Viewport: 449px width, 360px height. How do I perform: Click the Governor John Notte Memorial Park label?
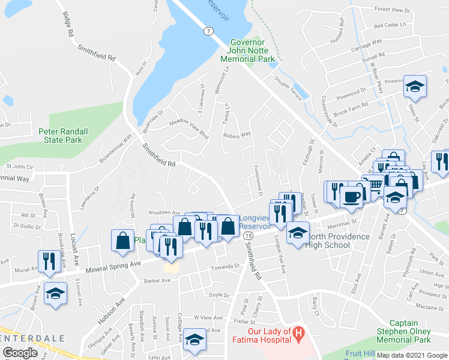(x=247, y=51)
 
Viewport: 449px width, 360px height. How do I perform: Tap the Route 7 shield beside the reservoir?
(x=208, y=31)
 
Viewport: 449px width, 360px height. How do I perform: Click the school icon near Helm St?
(x=415, y=87)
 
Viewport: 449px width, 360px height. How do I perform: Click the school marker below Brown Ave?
(x=56, y=293)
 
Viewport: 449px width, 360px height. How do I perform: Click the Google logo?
(x=20, y=353)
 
